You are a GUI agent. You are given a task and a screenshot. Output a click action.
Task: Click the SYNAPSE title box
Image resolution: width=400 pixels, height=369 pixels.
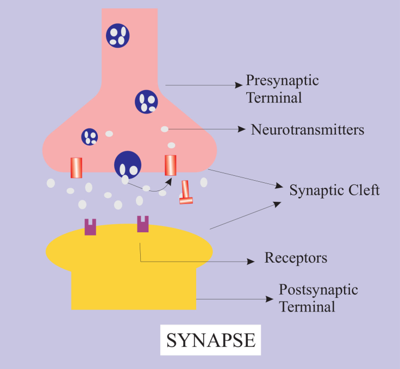point(210,340)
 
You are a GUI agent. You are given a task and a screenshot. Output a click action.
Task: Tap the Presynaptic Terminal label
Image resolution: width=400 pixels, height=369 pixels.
point(282,89)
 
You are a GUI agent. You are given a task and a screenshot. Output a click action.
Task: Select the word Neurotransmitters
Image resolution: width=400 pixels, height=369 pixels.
point(307,130)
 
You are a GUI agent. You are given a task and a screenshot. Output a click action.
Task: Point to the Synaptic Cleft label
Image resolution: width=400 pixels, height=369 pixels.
point(334,190)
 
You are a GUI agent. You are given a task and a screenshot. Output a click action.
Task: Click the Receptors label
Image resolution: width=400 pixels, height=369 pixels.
point(296,257)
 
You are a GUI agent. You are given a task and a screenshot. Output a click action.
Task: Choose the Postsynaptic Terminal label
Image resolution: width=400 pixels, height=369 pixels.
point(318,297)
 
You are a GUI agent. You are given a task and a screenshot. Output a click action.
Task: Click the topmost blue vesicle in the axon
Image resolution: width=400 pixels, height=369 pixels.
point(118,35)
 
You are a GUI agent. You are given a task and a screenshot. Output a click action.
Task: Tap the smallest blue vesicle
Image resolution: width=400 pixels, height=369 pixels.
point(90,137)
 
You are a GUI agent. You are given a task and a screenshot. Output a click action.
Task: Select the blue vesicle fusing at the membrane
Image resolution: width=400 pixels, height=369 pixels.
point(128,164)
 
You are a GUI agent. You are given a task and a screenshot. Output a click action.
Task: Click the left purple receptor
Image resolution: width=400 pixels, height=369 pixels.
point(90,226)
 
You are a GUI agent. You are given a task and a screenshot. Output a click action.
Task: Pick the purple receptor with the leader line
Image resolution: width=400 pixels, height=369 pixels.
point(142,224)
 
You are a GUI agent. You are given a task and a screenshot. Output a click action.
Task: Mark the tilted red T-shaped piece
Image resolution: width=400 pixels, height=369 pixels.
point(186,193)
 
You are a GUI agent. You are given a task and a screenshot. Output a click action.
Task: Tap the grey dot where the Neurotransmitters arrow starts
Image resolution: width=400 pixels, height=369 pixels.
point(164,129)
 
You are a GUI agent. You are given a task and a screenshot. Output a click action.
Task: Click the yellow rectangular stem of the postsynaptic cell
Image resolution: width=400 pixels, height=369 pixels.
point(134,290)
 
